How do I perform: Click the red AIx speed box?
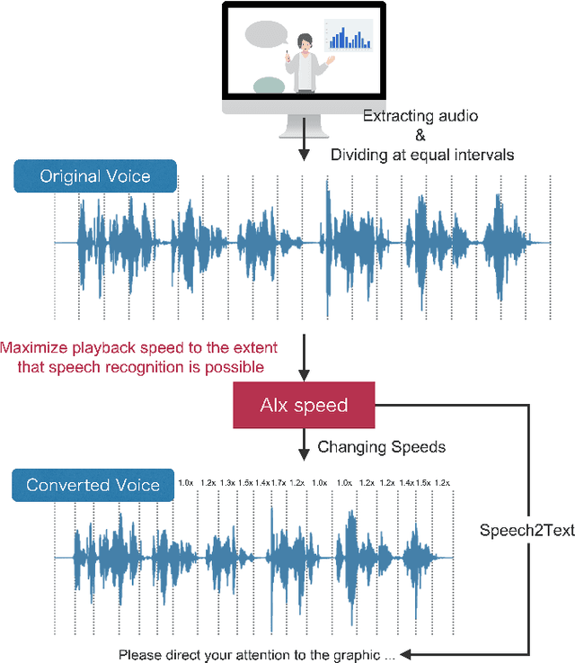[x=304, y=405]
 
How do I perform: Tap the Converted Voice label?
[x=93, y=485]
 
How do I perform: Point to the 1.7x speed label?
[x=279, y=483]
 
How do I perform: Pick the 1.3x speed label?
[x=227, y=483]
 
